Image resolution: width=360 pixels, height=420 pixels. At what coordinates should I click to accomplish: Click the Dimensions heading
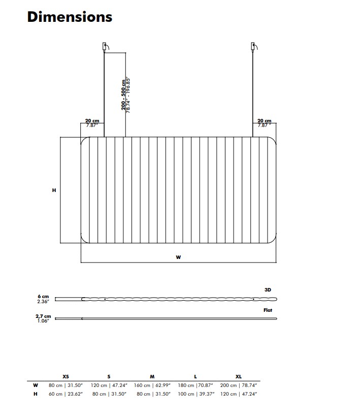[70, 17]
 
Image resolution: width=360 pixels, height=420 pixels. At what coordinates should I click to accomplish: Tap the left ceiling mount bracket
[106, 47]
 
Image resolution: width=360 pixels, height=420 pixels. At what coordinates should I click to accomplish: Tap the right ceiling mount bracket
[254, 47]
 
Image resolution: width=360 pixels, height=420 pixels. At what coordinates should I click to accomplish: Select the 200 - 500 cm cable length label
[123, 95]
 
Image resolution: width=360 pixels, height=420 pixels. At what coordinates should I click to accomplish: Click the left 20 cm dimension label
[92, 121]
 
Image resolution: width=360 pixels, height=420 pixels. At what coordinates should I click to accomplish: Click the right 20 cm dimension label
[265, 121]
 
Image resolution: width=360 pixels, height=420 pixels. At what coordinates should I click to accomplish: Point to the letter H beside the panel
[54, 190]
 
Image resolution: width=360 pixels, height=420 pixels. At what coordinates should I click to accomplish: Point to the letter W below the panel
[178, 257]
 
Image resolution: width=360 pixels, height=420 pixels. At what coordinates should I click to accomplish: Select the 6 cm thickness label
[43, 297]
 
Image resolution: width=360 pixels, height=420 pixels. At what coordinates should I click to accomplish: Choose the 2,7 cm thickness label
[43, 316]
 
